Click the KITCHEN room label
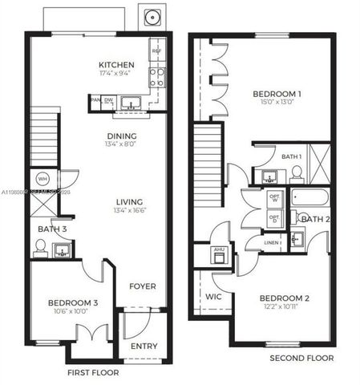point(116,65)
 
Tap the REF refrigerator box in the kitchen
point(156,50)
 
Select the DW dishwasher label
point(108,100)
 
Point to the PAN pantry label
point(95,100)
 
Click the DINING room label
point(121,136)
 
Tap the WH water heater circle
point(42,178)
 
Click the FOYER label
point(143,286)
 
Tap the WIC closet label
point(213,296)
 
